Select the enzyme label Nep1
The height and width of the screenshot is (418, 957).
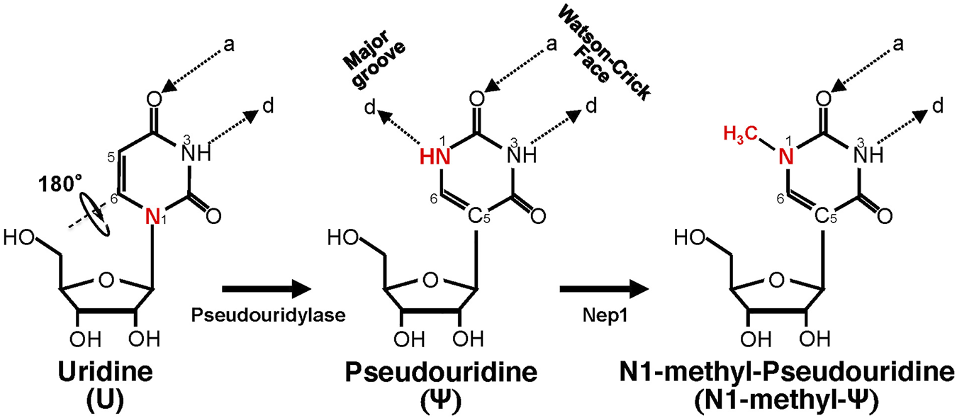point(602,315)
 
